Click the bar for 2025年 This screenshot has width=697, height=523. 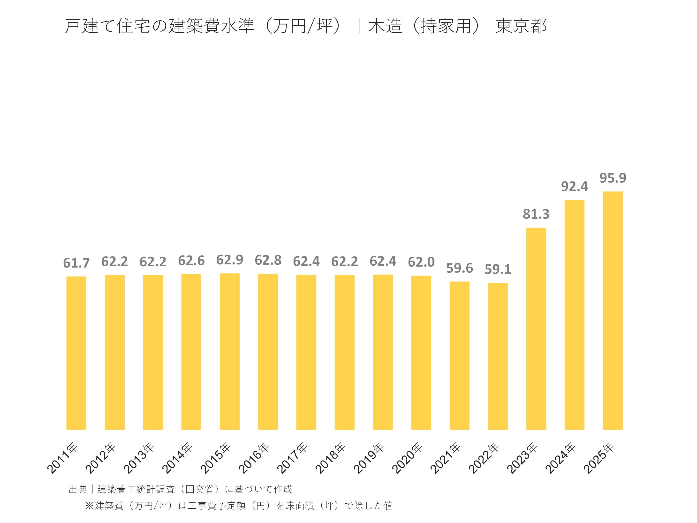[x=613, y=310]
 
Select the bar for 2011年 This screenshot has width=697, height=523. [x=76, y=353]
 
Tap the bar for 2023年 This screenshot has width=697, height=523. [x=536, y=329]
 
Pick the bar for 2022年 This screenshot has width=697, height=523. [x=498, y=356]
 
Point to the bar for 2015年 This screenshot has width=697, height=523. [x=229, y=352]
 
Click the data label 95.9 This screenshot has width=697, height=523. [x=613, y=178]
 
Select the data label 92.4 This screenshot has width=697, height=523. [x=575, y=187]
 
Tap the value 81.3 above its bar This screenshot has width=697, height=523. [x=536, y=214]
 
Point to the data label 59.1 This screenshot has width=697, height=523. [x=498, y=269]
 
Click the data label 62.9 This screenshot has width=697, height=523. [x=229, y=260]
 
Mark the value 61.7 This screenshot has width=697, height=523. [x=76, y=263]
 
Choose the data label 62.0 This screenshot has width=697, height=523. [x=421, y=262]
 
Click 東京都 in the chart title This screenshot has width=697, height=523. [x=521, y=26]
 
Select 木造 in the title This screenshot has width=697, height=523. [x=385, y=26]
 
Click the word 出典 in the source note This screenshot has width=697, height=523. [x=78, y=489]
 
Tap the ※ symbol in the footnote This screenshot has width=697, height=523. [x=90, y=506]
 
